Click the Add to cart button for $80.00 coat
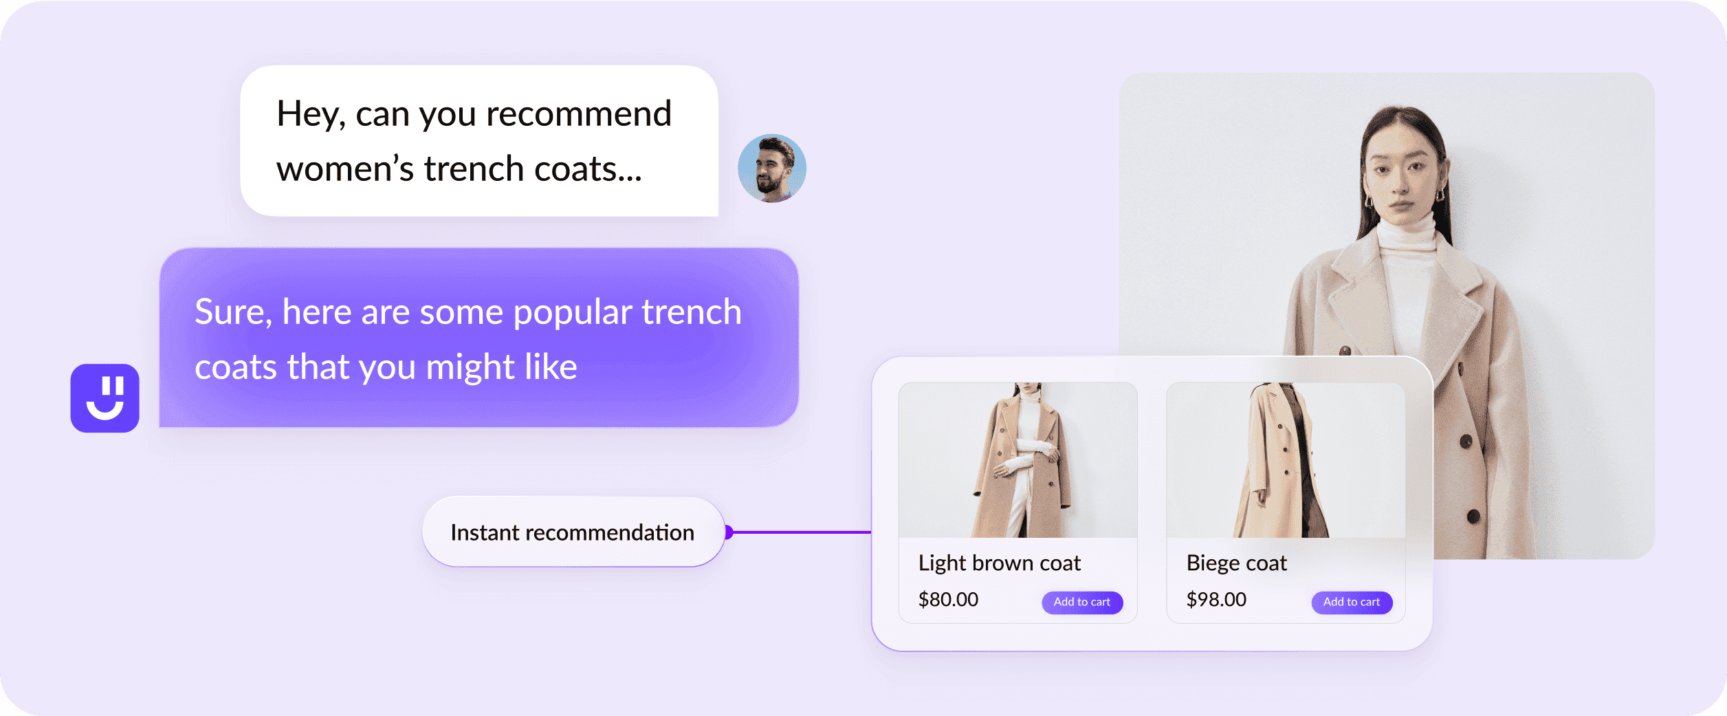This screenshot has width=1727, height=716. (1082, 602)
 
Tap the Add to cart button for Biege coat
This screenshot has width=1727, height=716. (1352, 602)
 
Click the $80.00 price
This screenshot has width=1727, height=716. (948, 600)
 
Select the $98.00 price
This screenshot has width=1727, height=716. (1216, 600)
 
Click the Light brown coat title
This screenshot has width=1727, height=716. (1000, 563)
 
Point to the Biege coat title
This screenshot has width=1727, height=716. (1236, 563)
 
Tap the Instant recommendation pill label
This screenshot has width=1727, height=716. (572, 532)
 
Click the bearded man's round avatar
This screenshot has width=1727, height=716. (771, 169)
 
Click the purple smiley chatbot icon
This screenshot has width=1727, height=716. (105, 398)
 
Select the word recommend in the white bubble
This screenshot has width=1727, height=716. (578, 114)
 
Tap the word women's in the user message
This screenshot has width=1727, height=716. (345, 169)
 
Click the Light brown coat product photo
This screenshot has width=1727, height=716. (1017, 459)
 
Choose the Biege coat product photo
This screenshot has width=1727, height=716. (1286, 459)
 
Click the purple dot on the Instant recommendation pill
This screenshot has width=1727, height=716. (729, 532)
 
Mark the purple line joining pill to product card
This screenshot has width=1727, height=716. (802, 532)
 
